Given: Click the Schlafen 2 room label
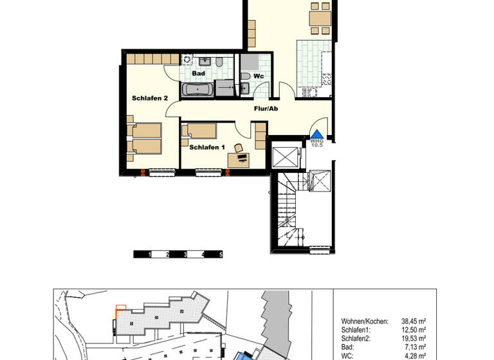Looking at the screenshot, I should tap(150, 98).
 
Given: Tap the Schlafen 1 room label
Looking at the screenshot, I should tap(206, 147).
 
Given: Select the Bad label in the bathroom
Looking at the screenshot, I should tap(198, 73).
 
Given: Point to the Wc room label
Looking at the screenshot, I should tap(259, 76).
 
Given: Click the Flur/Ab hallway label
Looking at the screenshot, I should tap(264, 109).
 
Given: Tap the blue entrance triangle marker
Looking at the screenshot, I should tap(316, 134).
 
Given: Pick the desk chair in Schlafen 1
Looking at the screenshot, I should tap(239, 149).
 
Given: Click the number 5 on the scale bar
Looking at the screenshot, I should tap(221, 255).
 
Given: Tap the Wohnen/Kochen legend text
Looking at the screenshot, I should tap(365, 320).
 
